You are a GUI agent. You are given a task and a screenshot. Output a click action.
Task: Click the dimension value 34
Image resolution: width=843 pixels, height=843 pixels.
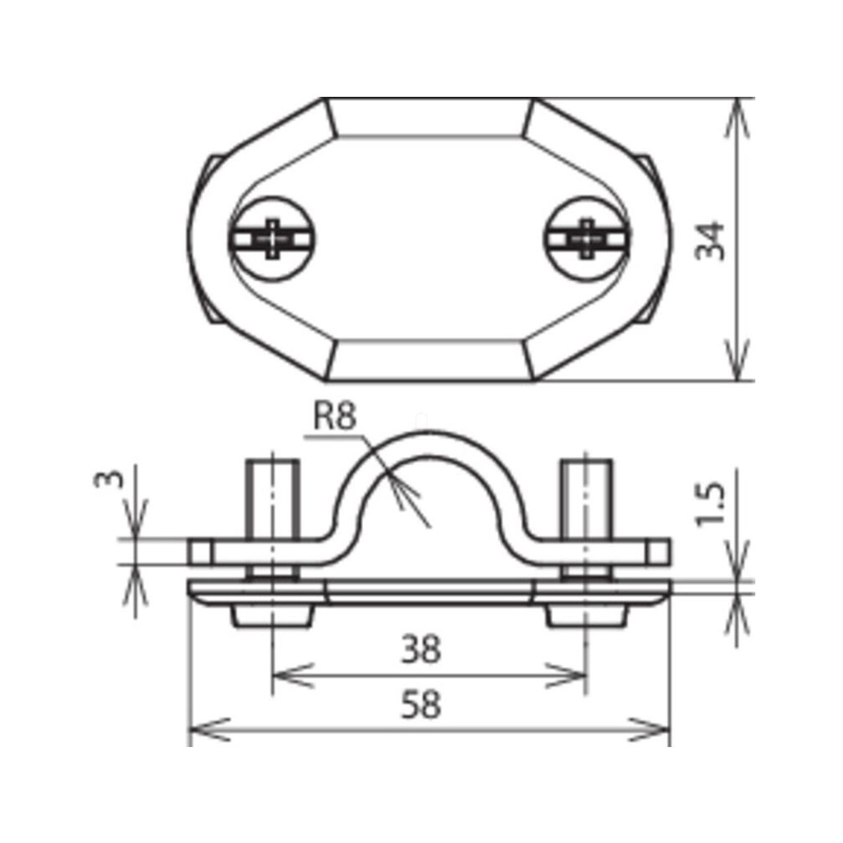711,240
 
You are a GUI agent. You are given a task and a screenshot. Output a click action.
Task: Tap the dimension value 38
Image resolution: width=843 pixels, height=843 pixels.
421,648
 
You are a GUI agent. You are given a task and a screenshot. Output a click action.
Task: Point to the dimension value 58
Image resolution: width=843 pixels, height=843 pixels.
421,704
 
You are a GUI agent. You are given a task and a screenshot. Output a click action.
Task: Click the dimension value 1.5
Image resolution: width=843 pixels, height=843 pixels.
711,505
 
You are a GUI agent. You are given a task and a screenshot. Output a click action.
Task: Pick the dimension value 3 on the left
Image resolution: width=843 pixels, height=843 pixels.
109,478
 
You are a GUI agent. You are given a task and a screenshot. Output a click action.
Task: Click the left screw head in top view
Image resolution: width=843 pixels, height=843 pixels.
273,239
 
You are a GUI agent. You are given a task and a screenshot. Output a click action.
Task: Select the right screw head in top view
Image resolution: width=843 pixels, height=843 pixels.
587,239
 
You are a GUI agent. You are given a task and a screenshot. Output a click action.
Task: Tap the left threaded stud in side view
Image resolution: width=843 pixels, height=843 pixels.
273,498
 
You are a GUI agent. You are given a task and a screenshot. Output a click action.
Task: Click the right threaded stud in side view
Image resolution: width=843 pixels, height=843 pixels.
586,498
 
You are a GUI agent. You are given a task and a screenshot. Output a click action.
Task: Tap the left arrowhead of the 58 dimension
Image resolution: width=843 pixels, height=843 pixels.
210,729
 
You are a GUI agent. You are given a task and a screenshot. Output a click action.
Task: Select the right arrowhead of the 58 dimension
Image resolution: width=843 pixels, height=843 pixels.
649,729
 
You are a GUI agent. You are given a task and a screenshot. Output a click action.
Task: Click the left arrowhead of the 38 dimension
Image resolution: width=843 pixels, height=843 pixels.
293,675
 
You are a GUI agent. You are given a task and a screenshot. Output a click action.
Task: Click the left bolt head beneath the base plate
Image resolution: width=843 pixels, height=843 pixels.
273,616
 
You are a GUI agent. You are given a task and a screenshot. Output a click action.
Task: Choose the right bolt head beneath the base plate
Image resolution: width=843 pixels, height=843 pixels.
587,616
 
